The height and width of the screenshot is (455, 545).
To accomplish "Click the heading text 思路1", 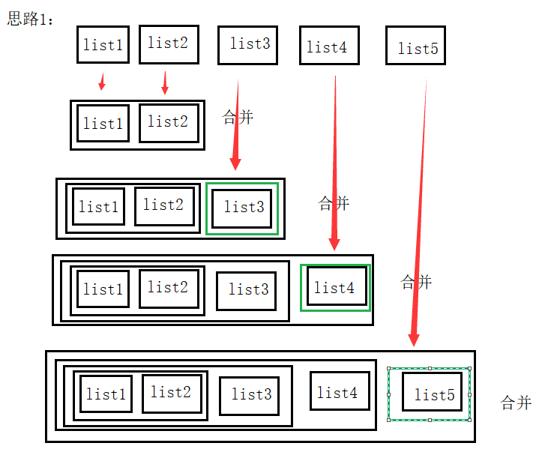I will [30, 19].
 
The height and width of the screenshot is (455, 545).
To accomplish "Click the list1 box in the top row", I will [103, 44].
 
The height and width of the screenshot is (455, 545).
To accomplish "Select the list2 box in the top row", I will [168, 43].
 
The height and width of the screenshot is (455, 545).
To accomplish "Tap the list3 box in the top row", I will [249, 44].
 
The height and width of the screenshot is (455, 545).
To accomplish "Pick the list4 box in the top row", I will [328, 46].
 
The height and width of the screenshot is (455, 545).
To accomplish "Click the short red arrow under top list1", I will [102, 81].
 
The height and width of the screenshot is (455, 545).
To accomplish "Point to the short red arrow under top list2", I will [165, 82].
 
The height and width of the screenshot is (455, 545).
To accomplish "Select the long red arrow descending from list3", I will [236, 127].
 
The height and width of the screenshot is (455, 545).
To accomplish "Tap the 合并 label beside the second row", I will [238, 118].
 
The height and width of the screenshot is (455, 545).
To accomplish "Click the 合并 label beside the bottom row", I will [516, 403].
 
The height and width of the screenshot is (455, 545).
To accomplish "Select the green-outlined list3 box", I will [242, 208].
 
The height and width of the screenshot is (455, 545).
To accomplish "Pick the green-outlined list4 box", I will [335, 287].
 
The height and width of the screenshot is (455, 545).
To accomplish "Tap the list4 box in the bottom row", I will [340, 392].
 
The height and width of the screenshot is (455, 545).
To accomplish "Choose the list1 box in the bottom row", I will [106, 394].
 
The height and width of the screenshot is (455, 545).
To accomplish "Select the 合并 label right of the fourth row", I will [417, 283].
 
